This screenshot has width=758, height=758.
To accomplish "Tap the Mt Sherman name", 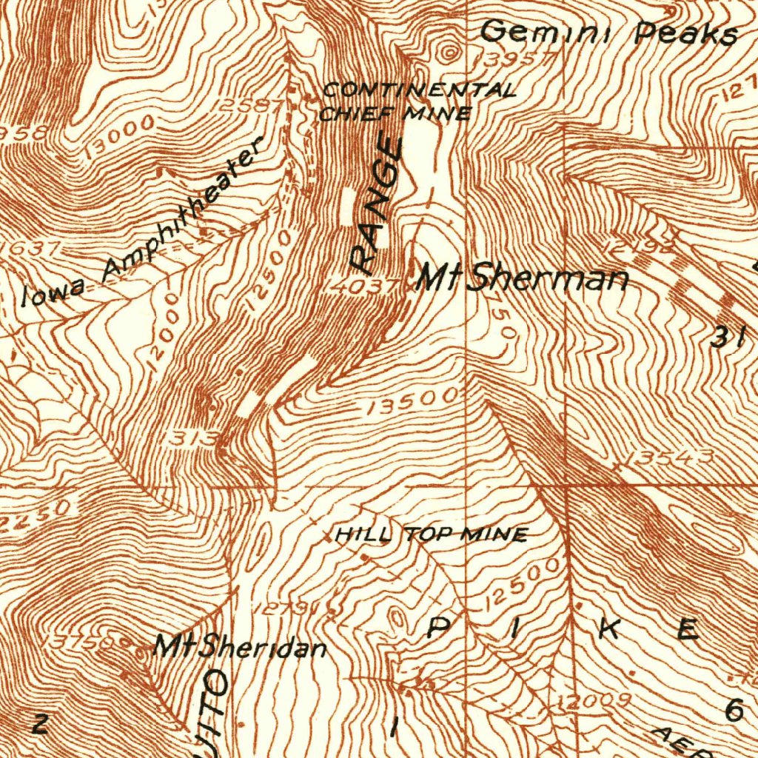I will point(523,279).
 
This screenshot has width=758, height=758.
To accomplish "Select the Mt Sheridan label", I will point(240,648).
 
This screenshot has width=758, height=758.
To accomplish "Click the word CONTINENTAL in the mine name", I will point(419,90).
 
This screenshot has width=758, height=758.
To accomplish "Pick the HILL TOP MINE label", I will point(432,534).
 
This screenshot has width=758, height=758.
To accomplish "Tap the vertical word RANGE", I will point(378,201).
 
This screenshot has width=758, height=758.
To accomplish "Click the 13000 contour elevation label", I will point(120,138).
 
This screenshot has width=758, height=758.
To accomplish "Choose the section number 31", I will point(726,338).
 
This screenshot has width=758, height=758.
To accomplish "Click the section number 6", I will point(734,710).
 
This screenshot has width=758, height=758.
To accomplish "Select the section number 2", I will point(41,725).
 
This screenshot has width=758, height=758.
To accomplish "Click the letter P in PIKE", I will point(438,629).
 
